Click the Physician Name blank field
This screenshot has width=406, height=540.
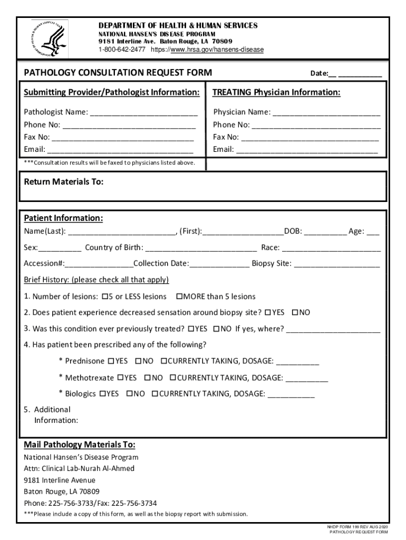click(326, 113)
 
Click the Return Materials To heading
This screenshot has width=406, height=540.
click(63, 182)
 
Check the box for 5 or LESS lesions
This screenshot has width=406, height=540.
click(104, 297)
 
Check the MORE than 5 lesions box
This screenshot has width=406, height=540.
click(179, 297)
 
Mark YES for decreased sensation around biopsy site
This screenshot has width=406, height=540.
click(268, 313)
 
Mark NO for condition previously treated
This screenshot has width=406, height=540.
click(216, 329)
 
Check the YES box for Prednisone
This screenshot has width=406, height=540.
click(111, 361)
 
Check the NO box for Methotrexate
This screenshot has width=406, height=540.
click(148, 378)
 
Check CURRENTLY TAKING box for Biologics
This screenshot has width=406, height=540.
click(155, 394)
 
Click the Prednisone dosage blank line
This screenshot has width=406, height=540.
click(297, 362)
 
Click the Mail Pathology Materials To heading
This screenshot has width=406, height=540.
click(79, 444)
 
